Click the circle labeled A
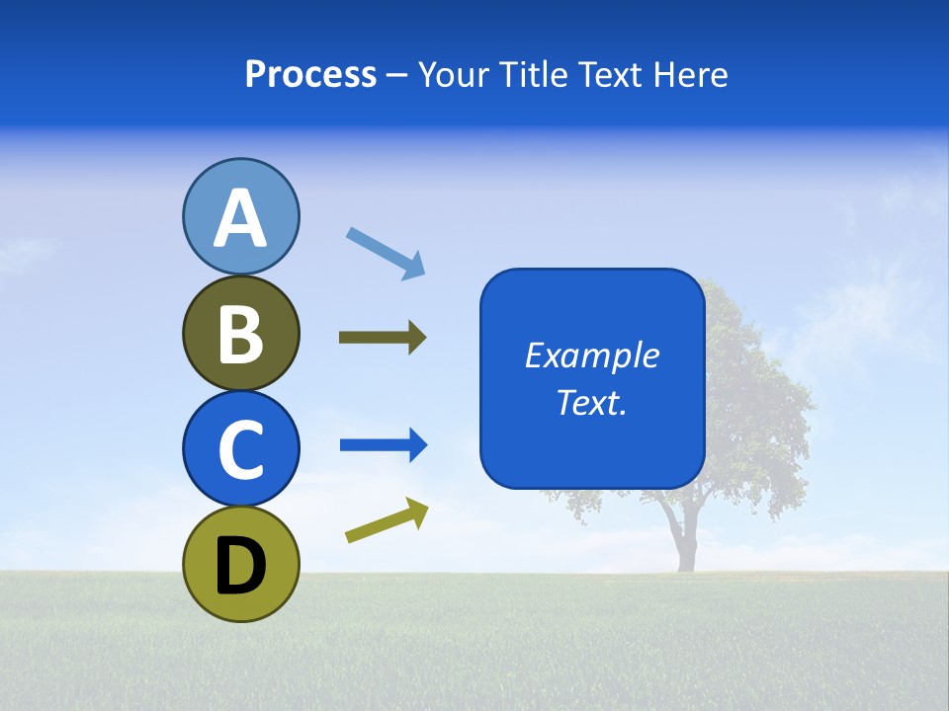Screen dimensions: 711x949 click(240, 215)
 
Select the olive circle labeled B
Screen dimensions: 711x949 click(240, 333)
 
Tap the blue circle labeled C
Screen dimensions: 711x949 click(240, 448)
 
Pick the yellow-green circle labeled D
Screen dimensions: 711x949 click(240, 564)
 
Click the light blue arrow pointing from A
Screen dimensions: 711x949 click(386, 253)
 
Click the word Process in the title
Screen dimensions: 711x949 click(310, 74)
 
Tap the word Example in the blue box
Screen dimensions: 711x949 click(592, 355)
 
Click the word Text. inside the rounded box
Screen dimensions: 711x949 click(592, 402)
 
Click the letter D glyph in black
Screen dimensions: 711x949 click(240, 566)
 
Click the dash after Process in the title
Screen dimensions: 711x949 click(397, 76)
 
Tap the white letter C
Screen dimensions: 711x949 click(240, 449)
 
